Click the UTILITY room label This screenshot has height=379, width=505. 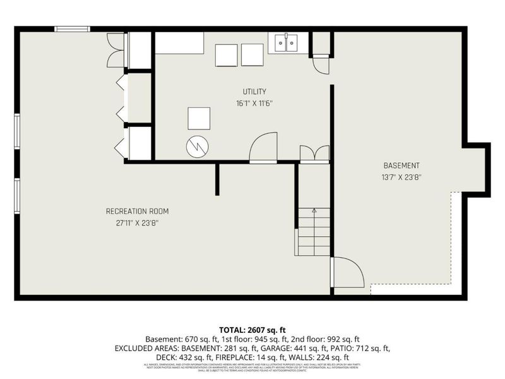pyautogui.click(x=254, y=92)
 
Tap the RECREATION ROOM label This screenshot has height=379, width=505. pyautogui.click(x=137, y=211)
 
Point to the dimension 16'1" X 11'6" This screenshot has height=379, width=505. pyautogui.click(x=254, y=103)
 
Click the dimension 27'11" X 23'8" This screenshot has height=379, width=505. pyautogui.click(x=137, y=222)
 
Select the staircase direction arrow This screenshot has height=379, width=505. pyautogui.click(x=314, y=212)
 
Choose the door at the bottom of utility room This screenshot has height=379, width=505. pyautogui.click(x=263, y=148)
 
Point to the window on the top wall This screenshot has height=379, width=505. pyautogui.click(x=72, y=28)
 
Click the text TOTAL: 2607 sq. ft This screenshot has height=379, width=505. pyautogui.click(x=252, y=330)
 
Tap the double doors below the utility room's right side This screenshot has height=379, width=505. pyautogui.click(x=314, y=154)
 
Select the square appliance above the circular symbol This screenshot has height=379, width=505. pyautogui.click(x=199, y=118)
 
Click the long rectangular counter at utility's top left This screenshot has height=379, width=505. pyautogui.click(x=179, y=43)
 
